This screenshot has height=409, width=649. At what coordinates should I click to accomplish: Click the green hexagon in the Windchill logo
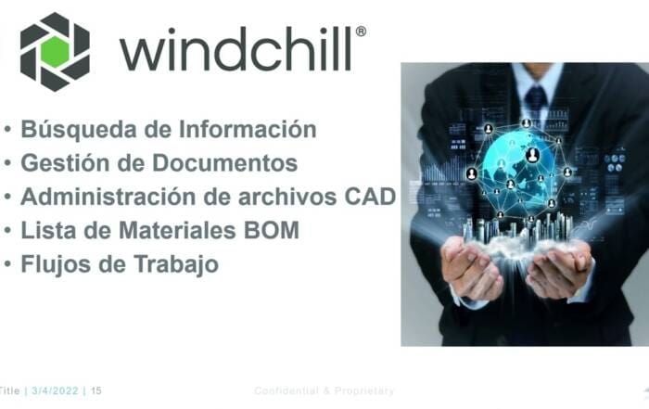(x=55, y=52)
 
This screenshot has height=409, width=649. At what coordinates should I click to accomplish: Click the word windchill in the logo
(x=235, y=50)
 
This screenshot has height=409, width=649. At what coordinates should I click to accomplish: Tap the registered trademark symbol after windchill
(x=361, y=32)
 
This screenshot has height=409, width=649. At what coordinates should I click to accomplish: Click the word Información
(x=248, y=129)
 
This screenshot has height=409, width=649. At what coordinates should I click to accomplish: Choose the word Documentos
(x=224, y=162)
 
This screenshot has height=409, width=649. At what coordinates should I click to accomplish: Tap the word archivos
(x=287, y=197)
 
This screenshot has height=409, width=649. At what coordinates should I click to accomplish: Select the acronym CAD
(x=371, y=197)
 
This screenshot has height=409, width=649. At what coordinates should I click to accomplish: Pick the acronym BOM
(x=272, y=230)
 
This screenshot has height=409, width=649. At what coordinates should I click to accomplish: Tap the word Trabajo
(x=176, y=264)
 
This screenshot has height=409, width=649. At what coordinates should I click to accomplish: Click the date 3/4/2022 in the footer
(x=55, y=390)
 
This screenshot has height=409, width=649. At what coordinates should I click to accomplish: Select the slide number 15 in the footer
(x=96, y=390)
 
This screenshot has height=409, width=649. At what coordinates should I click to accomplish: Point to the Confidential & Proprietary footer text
(x=324, y=390)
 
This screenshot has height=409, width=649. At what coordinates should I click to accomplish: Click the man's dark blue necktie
(x=536, y=99)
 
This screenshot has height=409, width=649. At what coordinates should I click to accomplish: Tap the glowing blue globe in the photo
(x=518, y=171)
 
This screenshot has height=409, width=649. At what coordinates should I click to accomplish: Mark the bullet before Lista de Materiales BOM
(x=7, y=231)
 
